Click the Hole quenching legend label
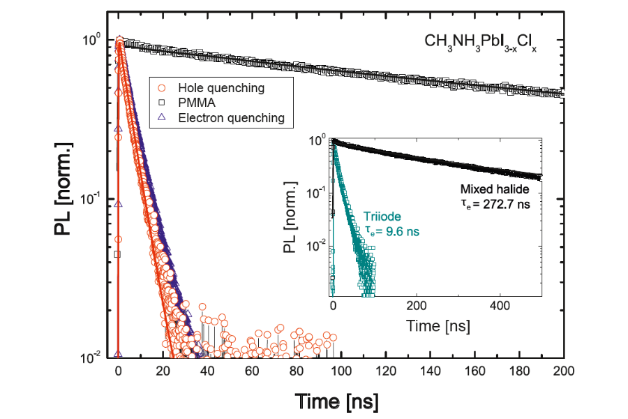point(221,88)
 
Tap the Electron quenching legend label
point(231,118)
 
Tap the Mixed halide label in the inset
point(495,189)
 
